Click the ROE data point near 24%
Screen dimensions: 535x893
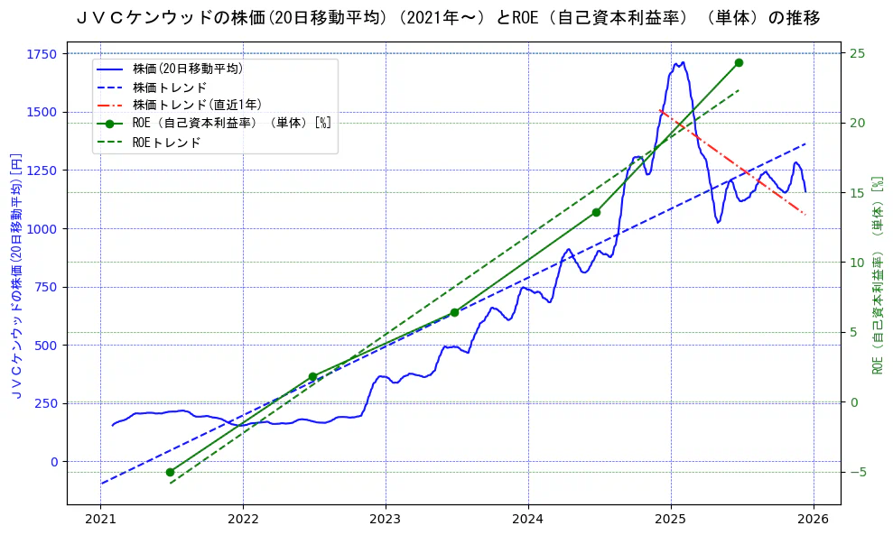739,62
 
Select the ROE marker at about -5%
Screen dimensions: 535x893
170,472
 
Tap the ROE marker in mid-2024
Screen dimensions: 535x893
596,212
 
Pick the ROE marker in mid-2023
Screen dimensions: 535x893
454,312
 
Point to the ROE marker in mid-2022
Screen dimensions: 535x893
312,376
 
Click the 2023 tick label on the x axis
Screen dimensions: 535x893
386,519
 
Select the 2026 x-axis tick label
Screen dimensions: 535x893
813,519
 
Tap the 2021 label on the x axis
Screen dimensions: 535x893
101,519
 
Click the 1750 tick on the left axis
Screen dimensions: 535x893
42,54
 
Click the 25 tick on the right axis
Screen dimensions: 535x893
857,53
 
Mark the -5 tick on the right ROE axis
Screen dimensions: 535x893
857,472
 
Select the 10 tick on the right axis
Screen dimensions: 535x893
857,263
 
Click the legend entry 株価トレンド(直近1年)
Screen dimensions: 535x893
197,105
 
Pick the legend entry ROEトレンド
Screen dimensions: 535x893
167,143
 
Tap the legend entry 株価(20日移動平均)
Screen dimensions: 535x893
188,68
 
